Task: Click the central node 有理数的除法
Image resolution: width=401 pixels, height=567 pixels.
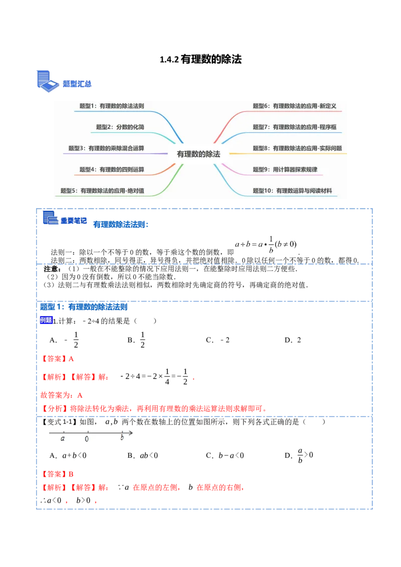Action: click(x=198, y=154)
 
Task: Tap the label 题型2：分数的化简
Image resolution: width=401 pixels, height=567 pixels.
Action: click(x=120, y=127)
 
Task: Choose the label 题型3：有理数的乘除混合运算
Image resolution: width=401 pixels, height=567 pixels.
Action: click(x=106, y=148)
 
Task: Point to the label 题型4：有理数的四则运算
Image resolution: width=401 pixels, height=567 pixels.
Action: click(x=112, y=170)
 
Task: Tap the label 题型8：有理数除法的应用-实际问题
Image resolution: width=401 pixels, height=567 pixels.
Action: click(x=297, y=148)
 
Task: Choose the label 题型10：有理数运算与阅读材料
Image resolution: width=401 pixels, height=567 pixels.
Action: click(x=292, y=191)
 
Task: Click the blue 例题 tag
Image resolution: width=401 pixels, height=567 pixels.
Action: click(x=46, y=320)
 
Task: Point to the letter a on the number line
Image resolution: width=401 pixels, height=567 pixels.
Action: click(x=63, y=438)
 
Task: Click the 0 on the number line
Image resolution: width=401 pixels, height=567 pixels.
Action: click(x=87, y=439)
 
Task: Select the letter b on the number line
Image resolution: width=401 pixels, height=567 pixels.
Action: click(x=122, y=438)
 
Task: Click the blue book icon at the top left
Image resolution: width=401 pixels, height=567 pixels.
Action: click(x=47, y=82)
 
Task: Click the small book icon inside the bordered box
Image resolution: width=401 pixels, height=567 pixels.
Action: click(x=50, y=218)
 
